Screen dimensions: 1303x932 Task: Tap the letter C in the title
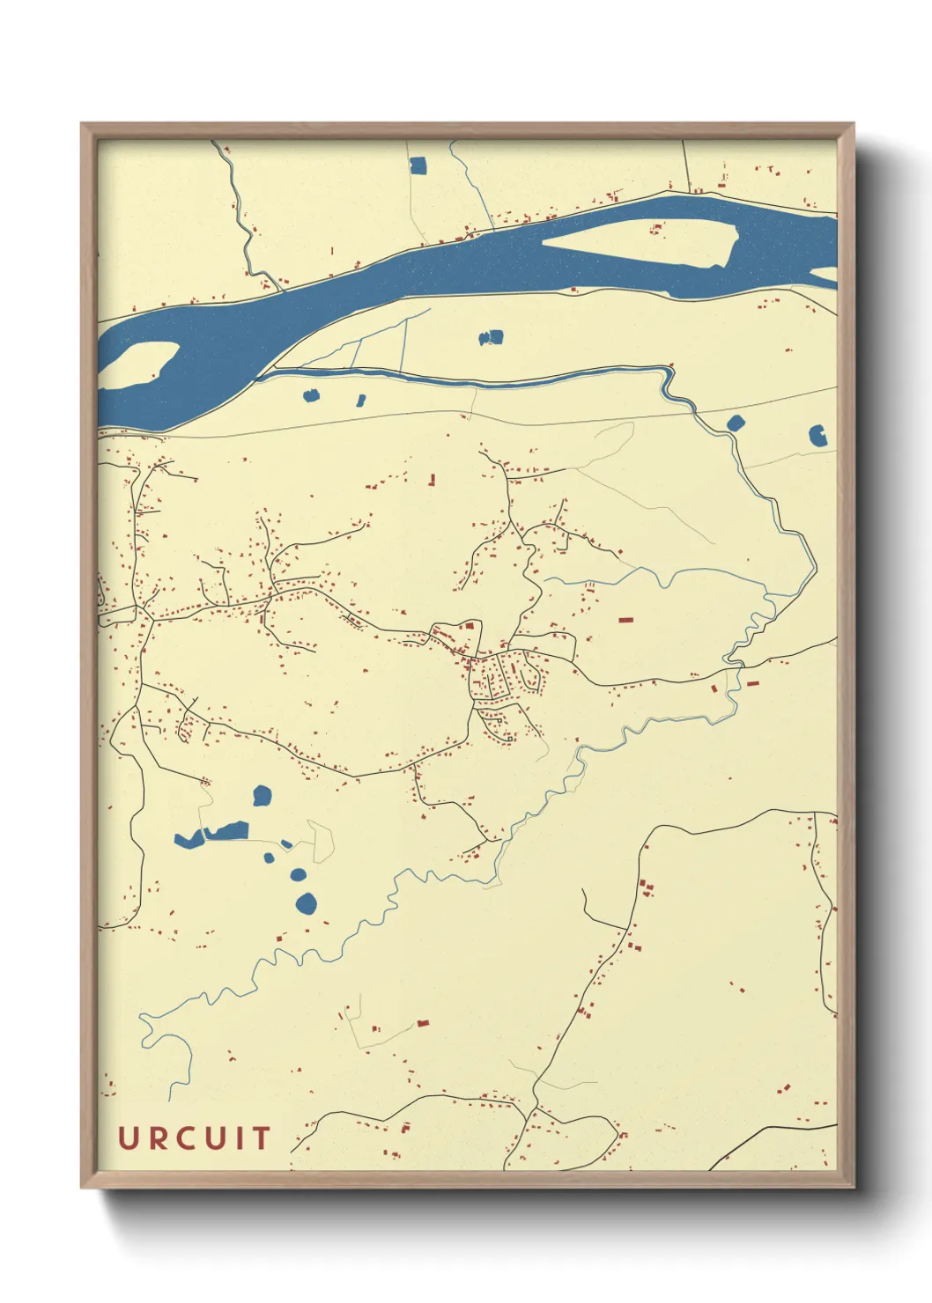click(191, 1138)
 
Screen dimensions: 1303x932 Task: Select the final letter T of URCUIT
click(261, 1138)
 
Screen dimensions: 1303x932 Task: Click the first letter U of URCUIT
click(129, 1138)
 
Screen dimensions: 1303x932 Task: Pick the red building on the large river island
click(655, 229)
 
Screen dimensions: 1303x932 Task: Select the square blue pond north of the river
click(418, 165)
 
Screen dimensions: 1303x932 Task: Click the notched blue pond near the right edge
click(818, 435)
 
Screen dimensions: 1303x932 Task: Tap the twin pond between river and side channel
click(491, 337)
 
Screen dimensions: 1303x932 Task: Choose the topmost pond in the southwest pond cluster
click(262, 796)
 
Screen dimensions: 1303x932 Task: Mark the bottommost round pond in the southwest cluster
click(306, 903)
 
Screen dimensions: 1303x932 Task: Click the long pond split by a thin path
click(211, 834)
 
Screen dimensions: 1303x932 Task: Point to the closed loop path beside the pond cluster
click(322, 841)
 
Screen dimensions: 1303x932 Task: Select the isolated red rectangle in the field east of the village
click(625, 620)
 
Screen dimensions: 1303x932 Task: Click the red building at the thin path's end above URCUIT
click(423, 1023)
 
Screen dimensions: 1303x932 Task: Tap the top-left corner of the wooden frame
click(82, 124)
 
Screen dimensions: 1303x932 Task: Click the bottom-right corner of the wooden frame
click(853, 1187)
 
